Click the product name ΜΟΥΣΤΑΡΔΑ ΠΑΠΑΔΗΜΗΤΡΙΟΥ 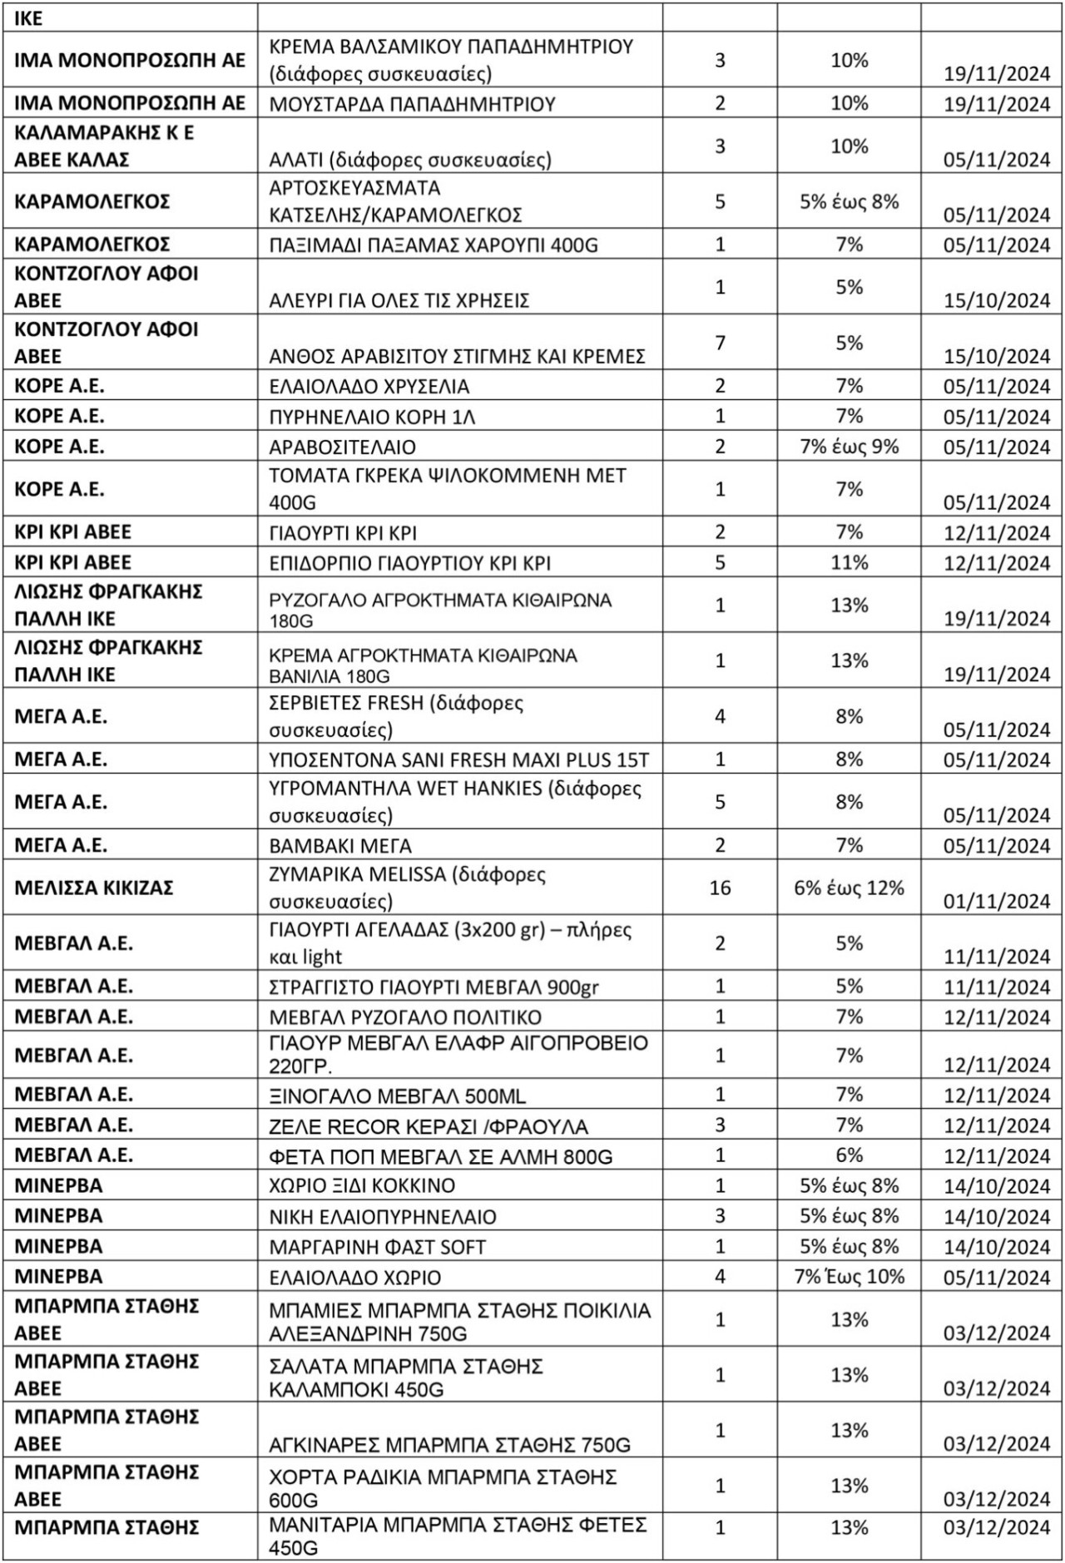pos(412,104)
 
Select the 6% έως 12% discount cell pos(849,888)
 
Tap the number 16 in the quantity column pos(720,888)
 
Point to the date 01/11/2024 pos(997,901)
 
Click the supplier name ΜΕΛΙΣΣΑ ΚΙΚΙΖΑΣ pos(94,888)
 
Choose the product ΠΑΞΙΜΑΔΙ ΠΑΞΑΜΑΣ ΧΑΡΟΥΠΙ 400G pos(433,245)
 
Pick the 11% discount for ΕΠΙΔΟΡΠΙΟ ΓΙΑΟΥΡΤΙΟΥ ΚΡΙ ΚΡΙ pos(849,562)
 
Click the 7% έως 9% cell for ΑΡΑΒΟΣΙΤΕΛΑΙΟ pos(849,447)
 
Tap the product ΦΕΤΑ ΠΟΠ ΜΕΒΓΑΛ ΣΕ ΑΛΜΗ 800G pos(441,1156)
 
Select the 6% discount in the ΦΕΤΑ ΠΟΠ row pos(849,1155)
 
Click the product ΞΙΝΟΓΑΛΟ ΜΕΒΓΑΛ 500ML pos(398,1096)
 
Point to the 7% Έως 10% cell pos(849,1276)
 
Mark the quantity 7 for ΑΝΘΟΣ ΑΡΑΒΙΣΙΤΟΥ pos(720,343)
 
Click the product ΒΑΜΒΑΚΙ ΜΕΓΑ pos(340,846)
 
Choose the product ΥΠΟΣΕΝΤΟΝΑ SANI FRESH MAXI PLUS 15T pos(459,759)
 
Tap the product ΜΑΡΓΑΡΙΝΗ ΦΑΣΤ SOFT pos(377,1247)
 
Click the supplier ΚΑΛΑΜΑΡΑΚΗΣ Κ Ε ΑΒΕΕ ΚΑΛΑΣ pos(105,146)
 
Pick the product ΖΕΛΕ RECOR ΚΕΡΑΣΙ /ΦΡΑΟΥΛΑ pos(428,1126)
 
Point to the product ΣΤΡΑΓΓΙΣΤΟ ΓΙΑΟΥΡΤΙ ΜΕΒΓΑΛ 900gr pos(433,987)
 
